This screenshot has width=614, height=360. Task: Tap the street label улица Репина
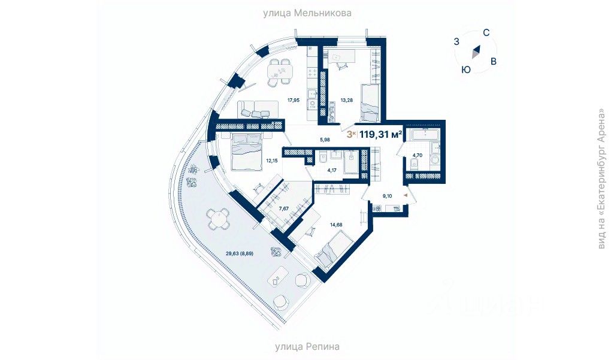click(307, 346)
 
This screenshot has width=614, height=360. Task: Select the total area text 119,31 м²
click(380, 134)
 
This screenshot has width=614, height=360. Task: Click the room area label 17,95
click(293, 100)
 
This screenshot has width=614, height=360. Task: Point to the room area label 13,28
click(347, 100)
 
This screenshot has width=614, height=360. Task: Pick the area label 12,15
click(273, 161)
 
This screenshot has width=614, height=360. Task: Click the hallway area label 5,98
click(325, 140)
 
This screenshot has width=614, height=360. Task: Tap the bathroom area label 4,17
click(332, 170)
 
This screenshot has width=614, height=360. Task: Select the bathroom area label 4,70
click(417, 156)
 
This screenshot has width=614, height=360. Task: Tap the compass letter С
click(487, 34)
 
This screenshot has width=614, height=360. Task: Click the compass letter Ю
click(465, 69)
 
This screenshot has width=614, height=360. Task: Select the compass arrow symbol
click(476, 52)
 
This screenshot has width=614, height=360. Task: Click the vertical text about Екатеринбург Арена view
click(602, 178)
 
